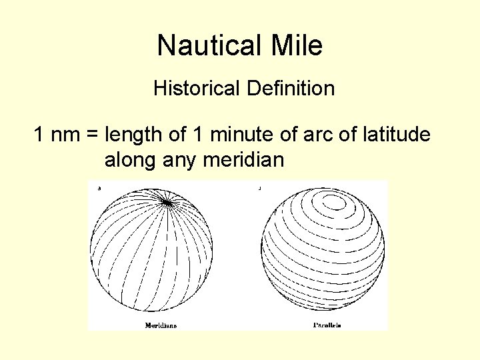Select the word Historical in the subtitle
tap(196, 88)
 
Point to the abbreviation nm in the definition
tap(65, 135)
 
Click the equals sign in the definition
tap(92, 135)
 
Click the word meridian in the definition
tap(247, 161)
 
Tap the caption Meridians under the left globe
tap(161, 325)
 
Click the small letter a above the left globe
tap(99, 189)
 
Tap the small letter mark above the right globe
tap(259, 189)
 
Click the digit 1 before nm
tap(39, 135)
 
